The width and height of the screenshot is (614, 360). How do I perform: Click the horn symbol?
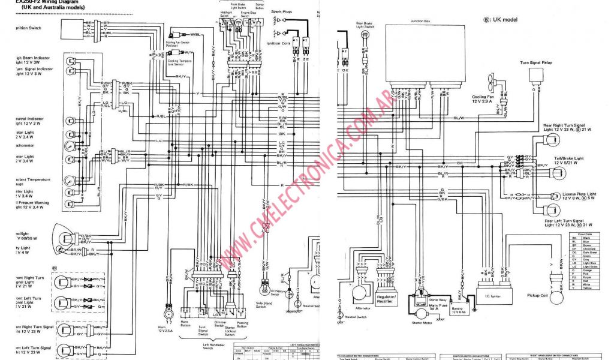[x=168, y=314]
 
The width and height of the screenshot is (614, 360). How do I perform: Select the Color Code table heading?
[x=584, y=234]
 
